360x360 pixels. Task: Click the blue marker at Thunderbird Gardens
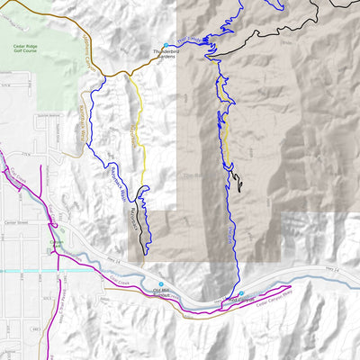(166, 44)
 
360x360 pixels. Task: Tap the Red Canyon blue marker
(241, 293)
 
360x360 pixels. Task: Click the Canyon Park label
(56, 245)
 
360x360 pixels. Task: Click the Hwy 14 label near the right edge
(333, 267)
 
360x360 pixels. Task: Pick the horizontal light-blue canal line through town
(27, 270)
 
